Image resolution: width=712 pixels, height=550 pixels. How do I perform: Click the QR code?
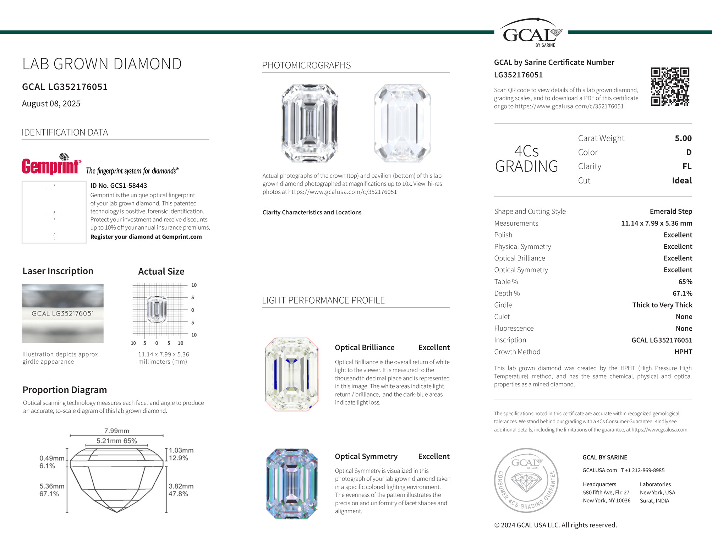pos(670,87)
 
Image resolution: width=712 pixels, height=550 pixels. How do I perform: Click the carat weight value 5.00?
pos(683,138)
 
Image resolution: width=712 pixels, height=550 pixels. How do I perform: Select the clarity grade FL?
pos(686,166)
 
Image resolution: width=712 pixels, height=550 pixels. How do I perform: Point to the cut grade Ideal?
pos(681,181)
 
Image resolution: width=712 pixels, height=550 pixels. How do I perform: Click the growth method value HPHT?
pos(683,352)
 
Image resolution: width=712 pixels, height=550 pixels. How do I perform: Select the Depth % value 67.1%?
pos(682,293)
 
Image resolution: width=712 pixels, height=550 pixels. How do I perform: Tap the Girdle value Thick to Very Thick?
pos(662,305)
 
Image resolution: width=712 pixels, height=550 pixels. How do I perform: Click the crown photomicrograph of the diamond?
pos(310,123)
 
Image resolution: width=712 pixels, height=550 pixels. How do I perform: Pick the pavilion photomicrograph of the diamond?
pos(402,123)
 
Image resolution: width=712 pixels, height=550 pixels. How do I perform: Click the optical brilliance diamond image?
pos(292,374)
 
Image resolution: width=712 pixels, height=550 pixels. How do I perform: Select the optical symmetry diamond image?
pos(292,484)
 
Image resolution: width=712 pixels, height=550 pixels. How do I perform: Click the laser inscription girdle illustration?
pos(62,314)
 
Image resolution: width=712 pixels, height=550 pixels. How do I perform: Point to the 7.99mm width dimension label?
pos(117,431)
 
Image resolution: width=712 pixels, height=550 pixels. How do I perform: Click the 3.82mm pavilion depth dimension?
pos(181,486)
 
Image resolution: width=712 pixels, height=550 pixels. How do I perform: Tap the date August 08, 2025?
pos(51,104)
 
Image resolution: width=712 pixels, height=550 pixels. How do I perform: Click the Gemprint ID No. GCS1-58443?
pos(119,186)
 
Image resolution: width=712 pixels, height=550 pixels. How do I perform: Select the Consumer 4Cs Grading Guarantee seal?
pos(526,480)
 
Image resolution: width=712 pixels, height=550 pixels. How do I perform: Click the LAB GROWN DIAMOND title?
pos(102,64)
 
